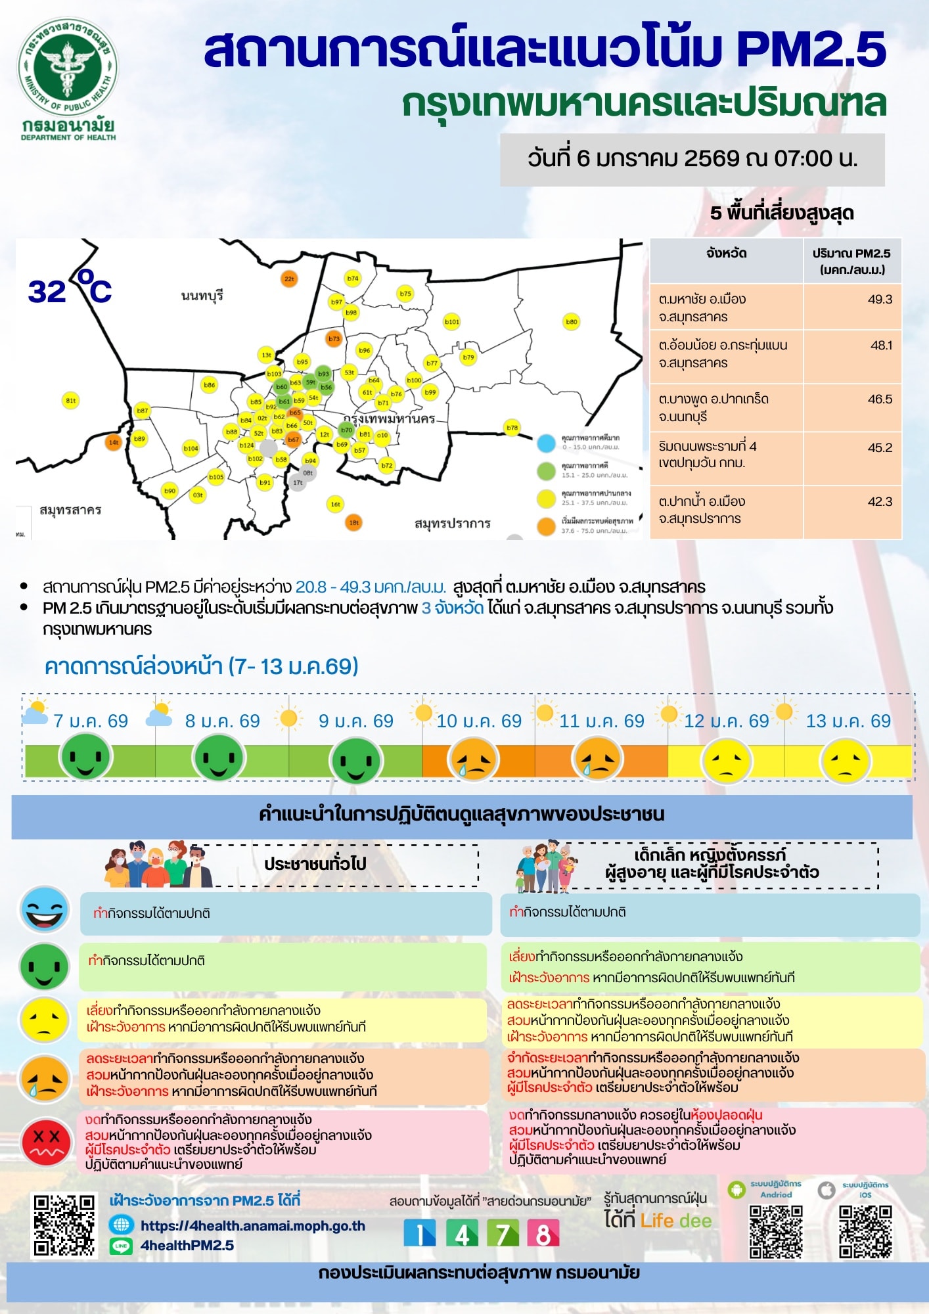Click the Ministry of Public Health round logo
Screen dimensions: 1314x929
[x=68, y=68]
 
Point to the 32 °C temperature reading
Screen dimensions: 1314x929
[x=70, y=290]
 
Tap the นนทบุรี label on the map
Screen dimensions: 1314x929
[x=202, y=296]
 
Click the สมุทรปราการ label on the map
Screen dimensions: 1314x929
[x=452, y=524]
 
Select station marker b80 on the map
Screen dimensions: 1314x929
[x=572, y=322]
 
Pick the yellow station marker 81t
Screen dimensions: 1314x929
[x=71, y=400]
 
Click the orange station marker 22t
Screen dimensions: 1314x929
[x=289, y=279]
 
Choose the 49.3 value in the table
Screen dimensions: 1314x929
[x=880, y=300]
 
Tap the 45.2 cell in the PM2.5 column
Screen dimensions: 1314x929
[x=880, y=448]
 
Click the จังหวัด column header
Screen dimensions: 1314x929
[x=726, y=254]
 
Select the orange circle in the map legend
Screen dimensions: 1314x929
[x=547, y=526]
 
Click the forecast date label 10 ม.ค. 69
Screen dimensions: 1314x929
[x=479, y=721]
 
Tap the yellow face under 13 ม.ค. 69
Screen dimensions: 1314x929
[x=846, y=761]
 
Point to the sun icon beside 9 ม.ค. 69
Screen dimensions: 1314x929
[x=288, y=718]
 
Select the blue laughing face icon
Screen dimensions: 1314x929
[x=45, y=910]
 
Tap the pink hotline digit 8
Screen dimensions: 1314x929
[x=543, y=1233]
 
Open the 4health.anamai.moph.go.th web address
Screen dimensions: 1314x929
[x=253, y=1226]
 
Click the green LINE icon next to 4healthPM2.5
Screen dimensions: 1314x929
[x=121, y=1245]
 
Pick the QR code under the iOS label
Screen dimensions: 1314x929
[x=865, y=1232]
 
